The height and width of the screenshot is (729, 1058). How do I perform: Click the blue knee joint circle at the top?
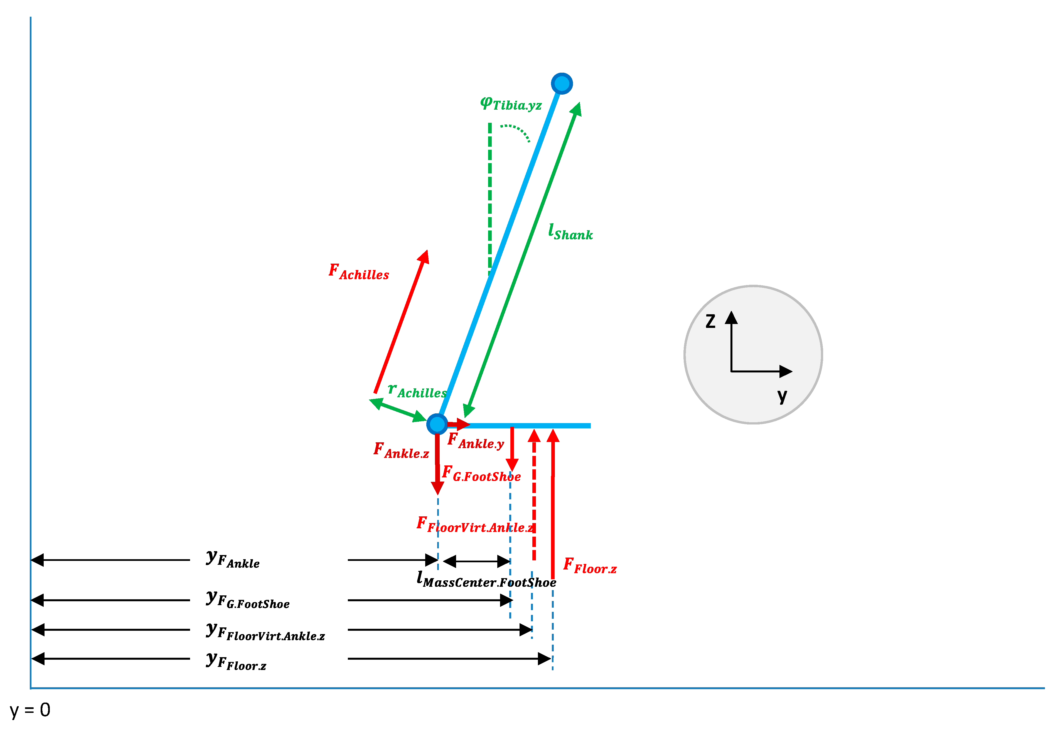(562, 84)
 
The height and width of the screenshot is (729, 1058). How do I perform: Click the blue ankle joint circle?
(437, 424)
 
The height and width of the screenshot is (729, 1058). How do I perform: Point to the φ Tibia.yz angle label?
(511, 104)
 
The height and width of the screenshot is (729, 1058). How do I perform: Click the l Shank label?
(570, 232)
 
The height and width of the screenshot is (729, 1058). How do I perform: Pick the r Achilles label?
(417, 391)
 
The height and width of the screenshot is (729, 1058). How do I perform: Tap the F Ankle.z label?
(401, 451)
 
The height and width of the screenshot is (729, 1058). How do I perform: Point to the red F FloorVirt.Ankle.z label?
(475, 525)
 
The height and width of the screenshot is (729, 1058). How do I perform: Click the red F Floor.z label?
(589, 566)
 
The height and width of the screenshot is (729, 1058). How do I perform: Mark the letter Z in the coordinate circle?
(710, 321)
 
